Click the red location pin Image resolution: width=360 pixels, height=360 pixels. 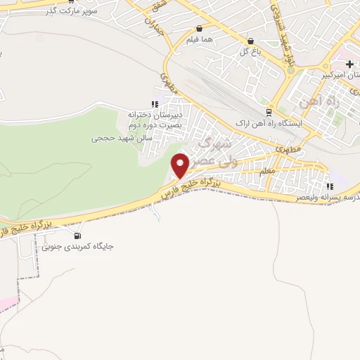pyautogui.click(x=181, y=165)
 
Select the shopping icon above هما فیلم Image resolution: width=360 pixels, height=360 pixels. pyautogui.click(x=200, y=29)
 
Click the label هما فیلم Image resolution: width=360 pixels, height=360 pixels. pyautogui.click(x=200, y=41)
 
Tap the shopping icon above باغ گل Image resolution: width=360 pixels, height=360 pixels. pyautogui.click(x=250, y=41)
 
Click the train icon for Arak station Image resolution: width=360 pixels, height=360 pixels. pyautogui.click(x=269, y=112)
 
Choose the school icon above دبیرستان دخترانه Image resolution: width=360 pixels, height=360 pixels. pyautogui.click(x=155, y=104)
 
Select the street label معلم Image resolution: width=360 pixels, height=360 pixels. pyautogui.click(x=267, y=171)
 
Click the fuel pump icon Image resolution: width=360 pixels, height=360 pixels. pyautogui.click(x=77, y=236)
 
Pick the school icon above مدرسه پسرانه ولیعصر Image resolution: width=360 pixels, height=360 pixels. pyautogui.click(x=329, y=186)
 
